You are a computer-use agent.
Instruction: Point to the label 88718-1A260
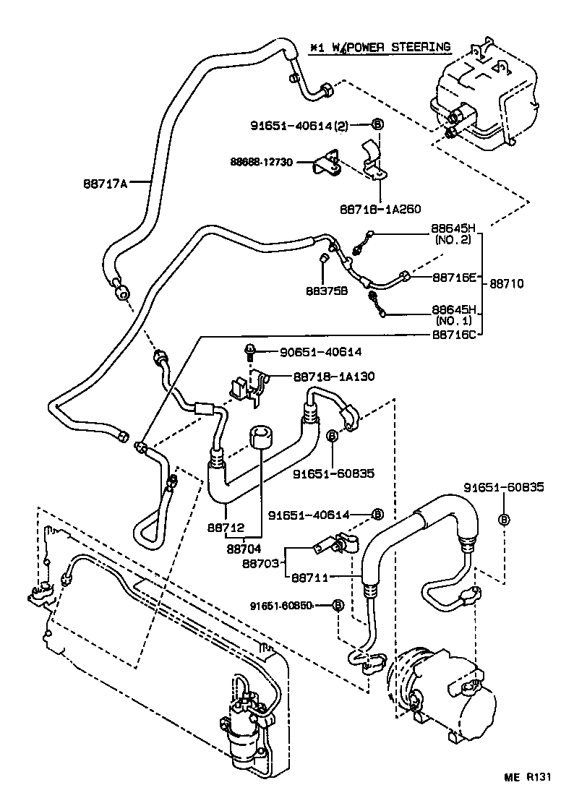pyautogui.click(x=380, y=208)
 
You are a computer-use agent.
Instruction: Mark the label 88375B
pyautogui.click(x=326, y=290)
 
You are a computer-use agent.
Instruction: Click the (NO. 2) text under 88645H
pyautogui.click(x=453, y=240)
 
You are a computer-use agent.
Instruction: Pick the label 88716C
pyautogui.click(x=454, y=335)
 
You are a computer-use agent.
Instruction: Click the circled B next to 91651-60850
pyautogui.click(x=337, y=605)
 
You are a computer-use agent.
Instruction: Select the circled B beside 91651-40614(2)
pyautogui.click(x=377, y=124)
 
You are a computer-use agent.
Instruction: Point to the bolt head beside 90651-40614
pyautogui.click(x=249, y=352)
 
